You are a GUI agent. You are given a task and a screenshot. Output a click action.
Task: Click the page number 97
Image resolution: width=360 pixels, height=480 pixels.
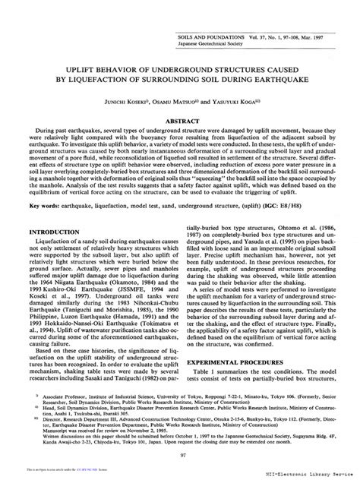180,456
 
